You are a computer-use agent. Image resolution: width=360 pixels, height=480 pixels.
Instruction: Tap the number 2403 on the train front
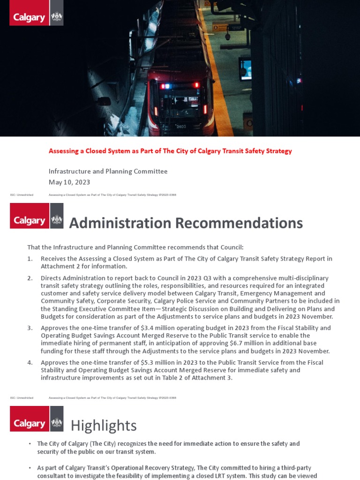(181, 127)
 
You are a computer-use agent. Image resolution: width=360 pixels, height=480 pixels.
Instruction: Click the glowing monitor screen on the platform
(245, 69)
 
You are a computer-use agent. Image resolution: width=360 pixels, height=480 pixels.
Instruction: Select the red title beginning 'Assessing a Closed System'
(170, 151)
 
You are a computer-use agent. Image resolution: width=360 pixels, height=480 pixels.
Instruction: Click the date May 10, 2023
(69, 182)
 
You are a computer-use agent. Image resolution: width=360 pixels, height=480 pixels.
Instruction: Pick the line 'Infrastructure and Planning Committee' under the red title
(108, 172)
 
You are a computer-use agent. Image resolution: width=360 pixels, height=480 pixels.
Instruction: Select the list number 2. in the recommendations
(30, 278)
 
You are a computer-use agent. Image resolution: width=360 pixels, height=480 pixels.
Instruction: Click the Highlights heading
(104, 426)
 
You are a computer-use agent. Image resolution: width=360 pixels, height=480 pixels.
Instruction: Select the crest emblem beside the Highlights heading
(57, 423)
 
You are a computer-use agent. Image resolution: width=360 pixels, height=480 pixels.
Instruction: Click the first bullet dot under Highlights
(30, 444)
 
